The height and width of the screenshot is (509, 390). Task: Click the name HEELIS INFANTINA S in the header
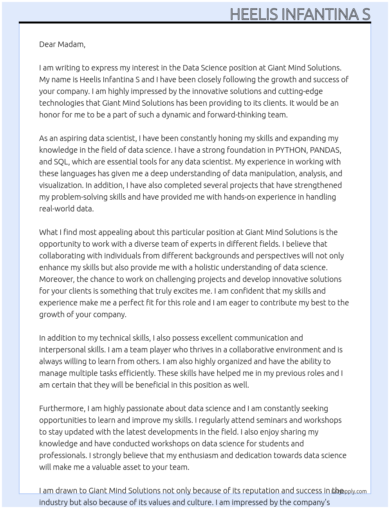[300, 14]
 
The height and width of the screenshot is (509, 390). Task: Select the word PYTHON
[291, 150]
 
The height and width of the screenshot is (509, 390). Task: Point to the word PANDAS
[325, 150]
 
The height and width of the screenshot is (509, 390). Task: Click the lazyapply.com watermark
[349, 491]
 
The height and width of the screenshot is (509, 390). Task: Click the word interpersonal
[63, 350]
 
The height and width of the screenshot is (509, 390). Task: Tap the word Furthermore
[62, 408]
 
